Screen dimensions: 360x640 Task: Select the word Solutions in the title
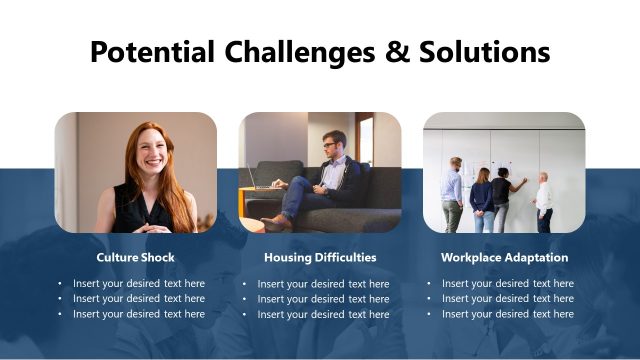[x=481, y=51]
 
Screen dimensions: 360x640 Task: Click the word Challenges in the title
[x=297, y=51]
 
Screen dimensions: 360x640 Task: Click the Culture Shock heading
[x=135, y=257]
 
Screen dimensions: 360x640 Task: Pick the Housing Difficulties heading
[x=320, y=257]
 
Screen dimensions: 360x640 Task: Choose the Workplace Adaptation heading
[x=504, y=257]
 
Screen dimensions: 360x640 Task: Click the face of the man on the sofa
[x=331, y=146]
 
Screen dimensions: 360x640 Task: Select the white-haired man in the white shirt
[x=543, y=200]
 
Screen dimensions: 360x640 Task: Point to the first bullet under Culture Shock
[x=138, y=284]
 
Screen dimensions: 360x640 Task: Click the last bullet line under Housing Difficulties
[x=323, y=314]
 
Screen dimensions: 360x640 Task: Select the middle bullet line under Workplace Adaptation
[x=507, y=299]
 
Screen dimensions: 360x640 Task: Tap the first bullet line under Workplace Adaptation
[x=507, y=284]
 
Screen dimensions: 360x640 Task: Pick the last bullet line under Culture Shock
[x=138, y=314]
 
